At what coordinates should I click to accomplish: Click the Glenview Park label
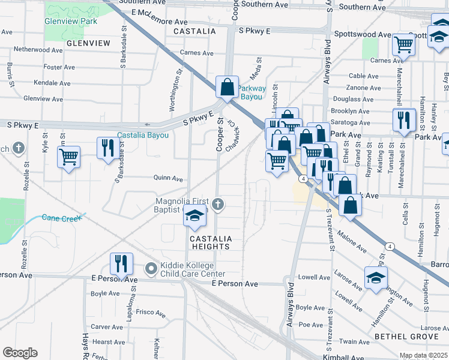coord(70,20)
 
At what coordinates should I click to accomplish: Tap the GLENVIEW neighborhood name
coord(88,43)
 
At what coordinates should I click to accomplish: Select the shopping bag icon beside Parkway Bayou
coord(228,88)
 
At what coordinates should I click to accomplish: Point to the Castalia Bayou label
coord(143,135)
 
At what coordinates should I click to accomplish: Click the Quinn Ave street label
coord(168,178)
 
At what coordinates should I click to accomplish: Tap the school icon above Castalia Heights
coord(194,217)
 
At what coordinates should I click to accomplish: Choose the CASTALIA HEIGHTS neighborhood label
coord(210,242)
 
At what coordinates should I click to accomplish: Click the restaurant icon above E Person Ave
coord(122,264)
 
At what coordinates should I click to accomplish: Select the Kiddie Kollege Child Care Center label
coord(187,270)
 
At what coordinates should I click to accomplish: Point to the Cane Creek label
coord(62,218)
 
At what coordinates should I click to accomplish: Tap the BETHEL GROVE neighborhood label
coord(406,337)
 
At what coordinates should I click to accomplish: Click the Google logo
coord(20,352)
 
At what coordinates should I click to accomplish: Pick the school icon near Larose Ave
coord(376,278)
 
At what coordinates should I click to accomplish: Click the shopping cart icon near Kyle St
coord(68,157)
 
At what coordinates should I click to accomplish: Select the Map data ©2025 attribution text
coord(423,356)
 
